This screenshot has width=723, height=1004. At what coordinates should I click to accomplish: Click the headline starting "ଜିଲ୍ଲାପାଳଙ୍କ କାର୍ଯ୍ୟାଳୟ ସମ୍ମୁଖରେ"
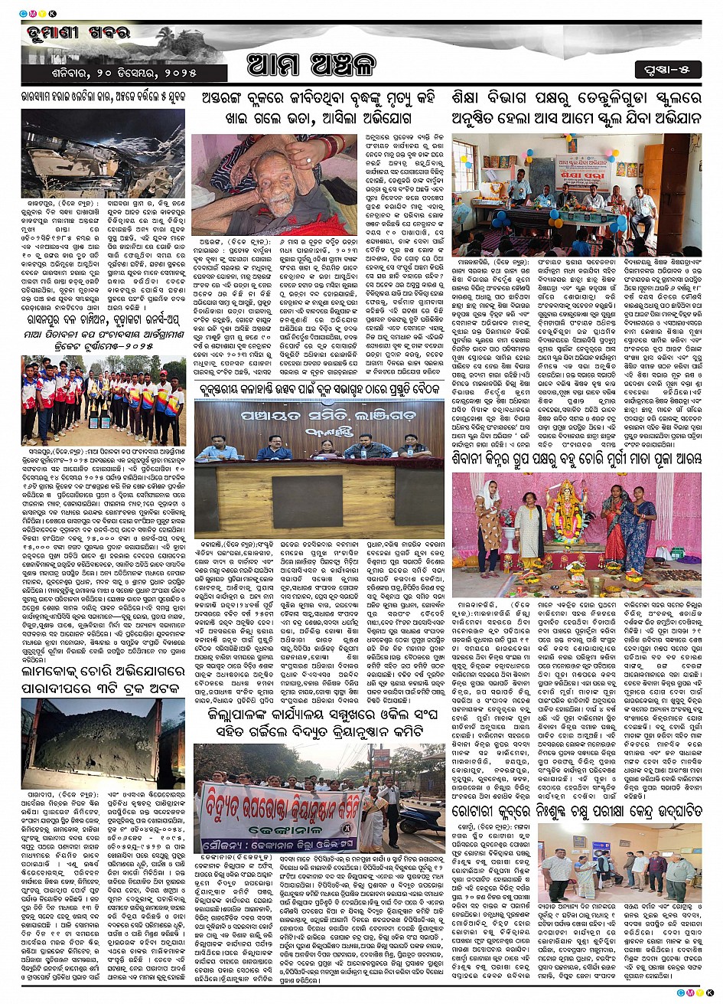[x=318, y=724]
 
